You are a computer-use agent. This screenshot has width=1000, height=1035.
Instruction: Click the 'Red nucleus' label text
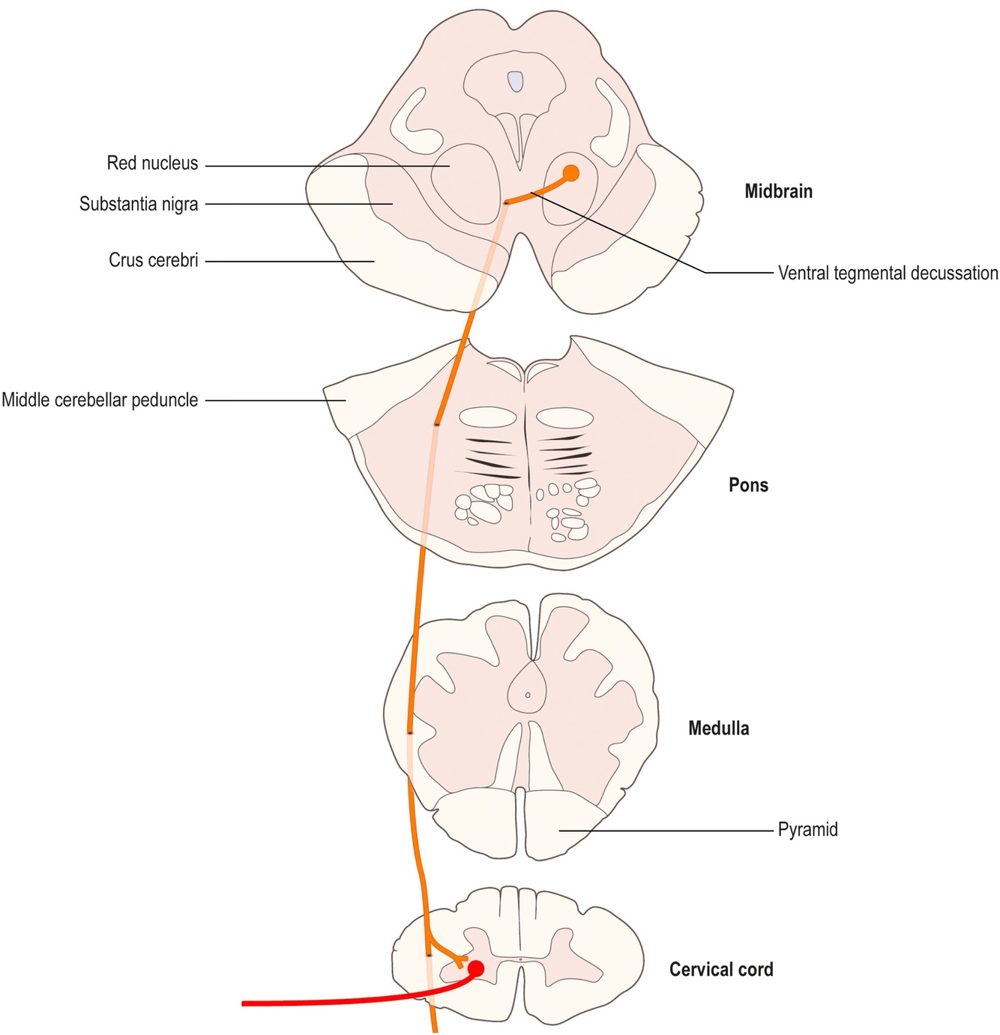(152, 163)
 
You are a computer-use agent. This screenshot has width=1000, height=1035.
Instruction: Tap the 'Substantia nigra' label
(139, 204)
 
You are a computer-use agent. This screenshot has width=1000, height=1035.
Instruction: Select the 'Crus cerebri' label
(154, 261)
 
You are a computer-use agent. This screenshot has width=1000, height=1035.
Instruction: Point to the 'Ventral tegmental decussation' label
(888, 273)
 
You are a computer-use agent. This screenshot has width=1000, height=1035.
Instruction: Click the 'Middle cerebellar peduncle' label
(100, 400)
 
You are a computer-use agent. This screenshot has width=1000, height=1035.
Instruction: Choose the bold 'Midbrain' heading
(778, 191)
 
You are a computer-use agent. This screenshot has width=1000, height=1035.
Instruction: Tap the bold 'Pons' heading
(748, 485)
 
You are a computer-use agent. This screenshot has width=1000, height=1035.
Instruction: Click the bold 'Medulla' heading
(718, 728)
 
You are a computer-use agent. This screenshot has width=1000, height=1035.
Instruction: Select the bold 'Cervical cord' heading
(721, 970)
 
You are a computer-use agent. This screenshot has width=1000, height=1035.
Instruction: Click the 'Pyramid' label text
(807, 830)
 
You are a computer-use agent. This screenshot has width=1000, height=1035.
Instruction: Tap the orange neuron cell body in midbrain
(571, 173)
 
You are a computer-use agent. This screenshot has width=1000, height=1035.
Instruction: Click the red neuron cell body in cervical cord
(475, 968)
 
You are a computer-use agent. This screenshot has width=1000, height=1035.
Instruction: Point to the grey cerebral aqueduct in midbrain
(514, 81)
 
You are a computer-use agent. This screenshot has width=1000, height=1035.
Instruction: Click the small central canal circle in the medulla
(528, 695)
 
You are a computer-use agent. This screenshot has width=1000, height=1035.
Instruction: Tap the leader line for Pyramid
(667, 830)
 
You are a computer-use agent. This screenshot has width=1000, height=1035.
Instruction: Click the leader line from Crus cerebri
(289, 261)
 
